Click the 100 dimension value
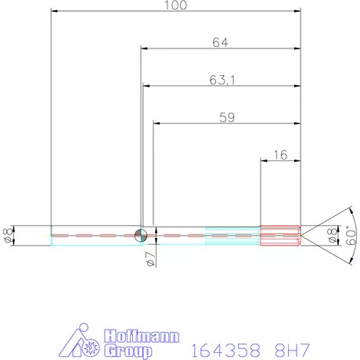pyautogui.click(x=175, y=5)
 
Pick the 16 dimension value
pyautogui.click(x=280, y=155)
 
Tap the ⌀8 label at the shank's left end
pyautogui.click(x=7, y=235)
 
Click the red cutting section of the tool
pyautogui.click(x=280, y=235)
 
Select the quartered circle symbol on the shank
pyautogui.click(x=141, y=235)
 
